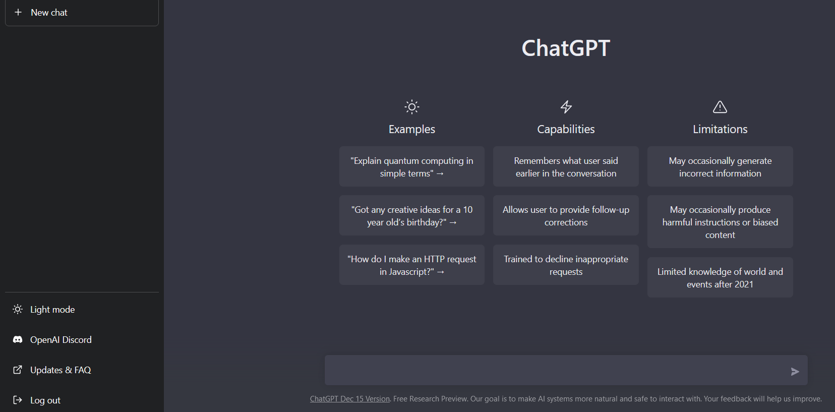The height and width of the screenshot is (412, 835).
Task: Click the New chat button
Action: click(82, 13)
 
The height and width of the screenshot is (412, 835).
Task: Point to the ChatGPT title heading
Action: click(566, 48)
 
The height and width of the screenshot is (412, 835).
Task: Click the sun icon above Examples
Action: click(412, 107)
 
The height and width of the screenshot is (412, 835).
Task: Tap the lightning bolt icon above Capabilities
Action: click(566, 107)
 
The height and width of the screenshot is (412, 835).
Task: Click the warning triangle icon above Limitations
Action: click(720, 107)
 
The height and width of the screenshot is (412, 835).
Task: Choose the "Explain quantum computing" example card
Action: click(412, 166)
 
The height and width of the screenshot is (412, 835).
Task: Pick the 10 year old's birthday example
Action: click(412, 215)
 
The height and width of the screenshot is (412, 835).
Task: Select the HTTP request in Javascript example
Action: click(412, 265)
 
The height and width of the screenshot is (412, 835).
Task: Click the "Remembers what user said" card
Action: click(566, 166)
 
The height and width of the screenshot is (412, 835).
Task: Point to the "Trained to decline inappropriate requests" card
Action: click(566, 265)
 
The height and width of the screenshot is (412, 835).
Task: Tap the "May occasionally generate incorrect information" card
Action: click(720, 166)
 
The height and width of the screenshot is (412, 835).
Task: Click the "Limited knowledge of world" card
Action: click(720, 277)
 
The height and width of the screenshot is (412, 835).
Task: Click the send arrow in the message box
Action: click(795, 371)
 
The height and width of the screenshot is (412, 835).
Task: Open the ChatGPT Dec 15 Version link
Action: click(349, 399)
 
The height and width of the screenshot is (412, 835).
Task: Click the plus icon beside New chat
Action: click(18, 12)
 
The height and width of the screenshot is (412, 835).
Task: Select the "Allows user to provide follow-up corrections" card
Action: click(566, 215)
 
